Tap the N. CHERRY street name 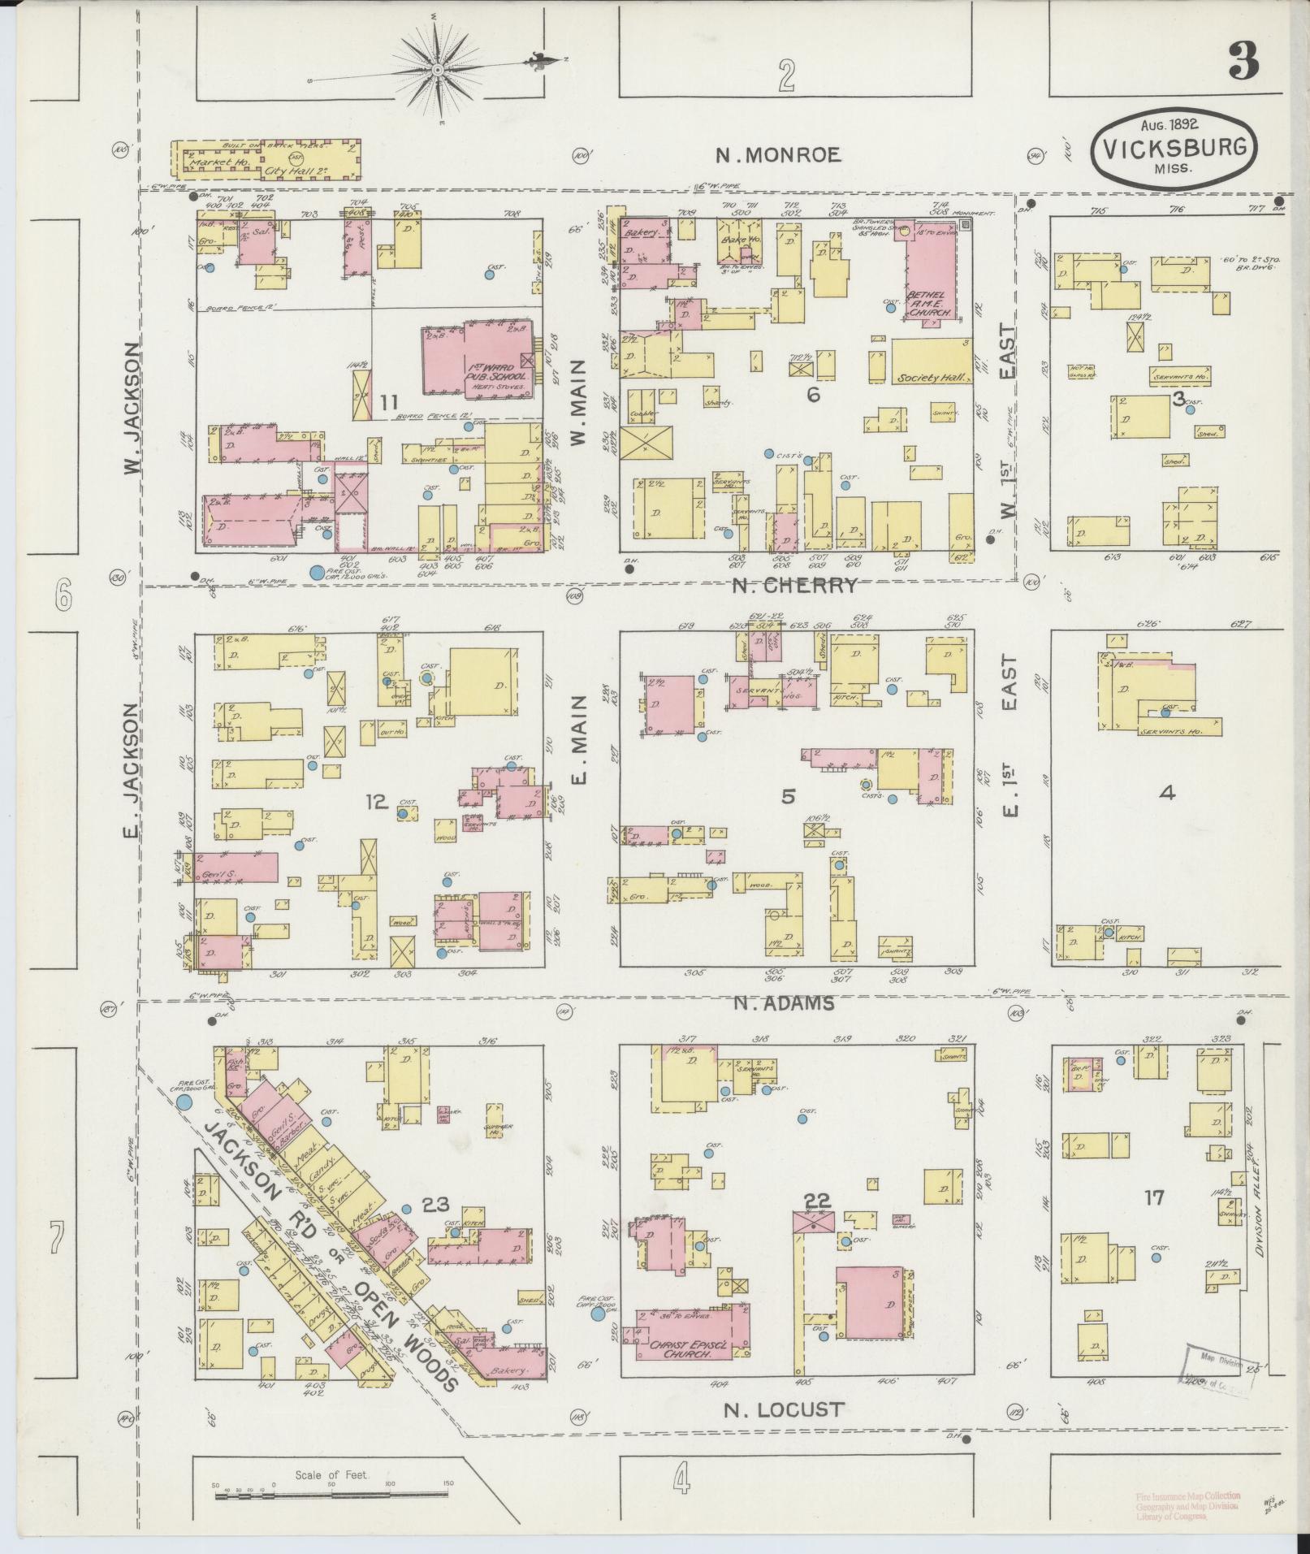[x=794, y=586]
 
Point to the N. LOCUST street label [x=784, y=1409]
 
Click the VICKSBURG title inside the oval [x=1172, y=149]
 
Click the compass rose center [x=439, y=71]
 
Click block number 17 [x=1154, y=1197]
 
